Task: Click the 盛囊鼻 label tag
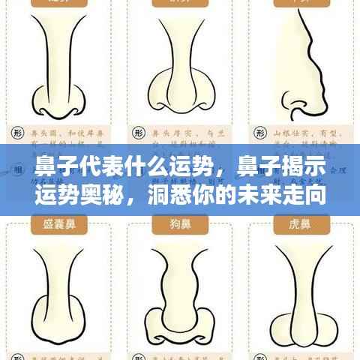58,223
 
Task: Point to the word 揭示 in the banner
298,166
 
